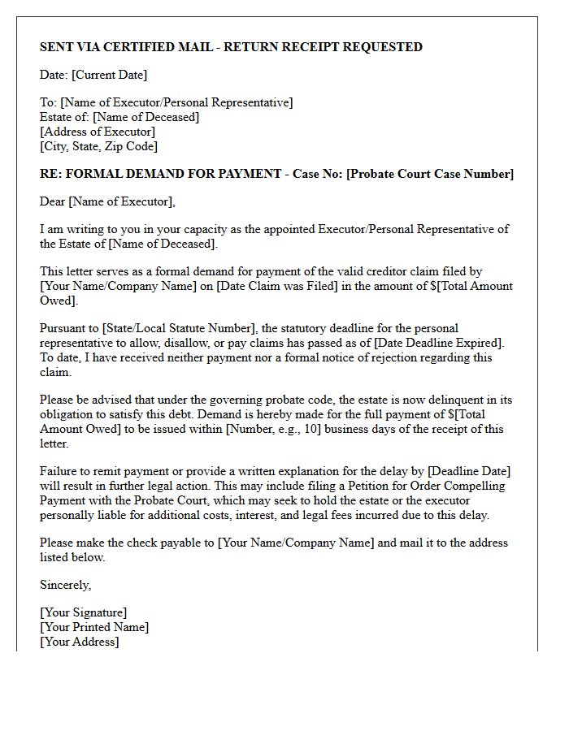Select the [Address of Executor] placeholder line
click(98, 132)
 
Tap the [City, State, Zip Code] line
click(98, 146)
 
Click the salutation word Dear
click(53, 201)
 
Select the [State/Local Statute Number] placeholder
click(176, 328)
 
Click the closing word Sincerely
click(65, 585)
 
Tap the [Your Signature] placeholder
click(83, 612)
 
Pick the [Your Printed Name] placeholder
click(94, 627)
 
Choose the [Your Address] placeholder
click(79, 642)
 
